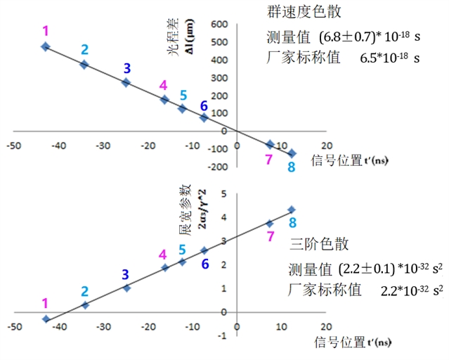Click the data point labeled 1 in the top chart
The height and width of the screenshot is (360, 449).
(x=46, y=46)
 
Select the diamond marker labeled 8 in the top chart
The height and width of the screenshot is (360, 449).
(x=292, y=153)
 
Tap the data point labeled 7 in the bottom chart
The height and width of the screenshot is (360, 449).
(x=270, y=224)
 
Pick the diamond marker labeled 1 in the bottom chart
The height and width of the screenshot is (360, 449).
(x=46, y=319)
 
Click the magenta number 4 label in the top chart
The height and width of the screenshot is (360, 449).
(x=163, y=86)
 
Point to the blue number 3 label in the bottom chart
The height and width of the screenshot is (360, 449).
(x=126, y=274)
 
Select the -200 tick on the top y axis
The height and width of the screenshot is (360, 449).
(x=215, y=167)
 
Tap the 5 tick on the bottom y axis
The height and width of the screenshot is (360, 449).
(x=223, y=194)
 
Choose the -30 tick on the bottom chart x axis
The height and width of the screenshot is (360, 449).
(x=103, y=328)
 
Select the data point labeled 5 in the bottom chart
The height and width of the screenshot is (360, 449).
(x=182, y=262)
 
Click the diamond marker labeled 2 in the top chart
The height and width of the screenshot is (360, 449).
(x=84, y=65)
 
